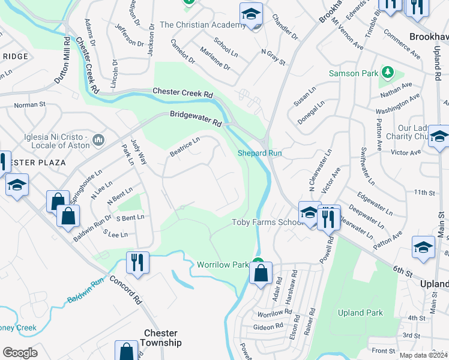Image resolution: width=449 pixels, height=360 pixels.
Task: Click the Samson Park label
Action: pos(353,73)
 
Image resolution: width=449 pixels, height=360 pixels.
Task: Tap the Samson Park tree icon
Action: pos(387,73)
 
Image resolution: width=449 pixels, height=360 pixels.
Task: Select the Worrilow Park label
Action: pos(222,265)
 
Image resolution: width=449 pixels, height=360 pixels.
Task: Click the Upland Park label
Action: pos(360,313)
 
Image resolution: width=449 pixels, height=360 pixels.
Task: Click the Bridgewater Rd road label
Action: pos(196,118)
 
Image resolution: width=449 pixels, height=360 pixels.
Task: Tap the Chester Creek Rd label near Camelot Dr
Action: pos(182,94)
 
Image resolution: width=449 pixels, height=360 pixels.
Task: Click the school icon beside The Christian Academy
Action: pos(252,15)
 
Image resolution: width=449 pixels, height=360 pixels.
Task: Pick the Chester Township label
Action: pos(160,338)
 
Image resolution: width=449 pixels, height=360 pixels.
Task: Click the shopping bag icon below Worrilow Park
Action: pos(261,274)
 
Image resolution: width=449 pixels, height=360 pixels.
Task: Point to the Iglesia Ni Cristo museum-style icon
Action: pos(99,140)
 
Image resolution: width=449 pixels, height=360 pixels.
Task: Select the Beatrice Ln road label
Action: pos(184,147)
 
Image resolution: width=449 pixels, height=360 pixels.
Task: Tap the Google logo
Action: pos(20,353)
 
